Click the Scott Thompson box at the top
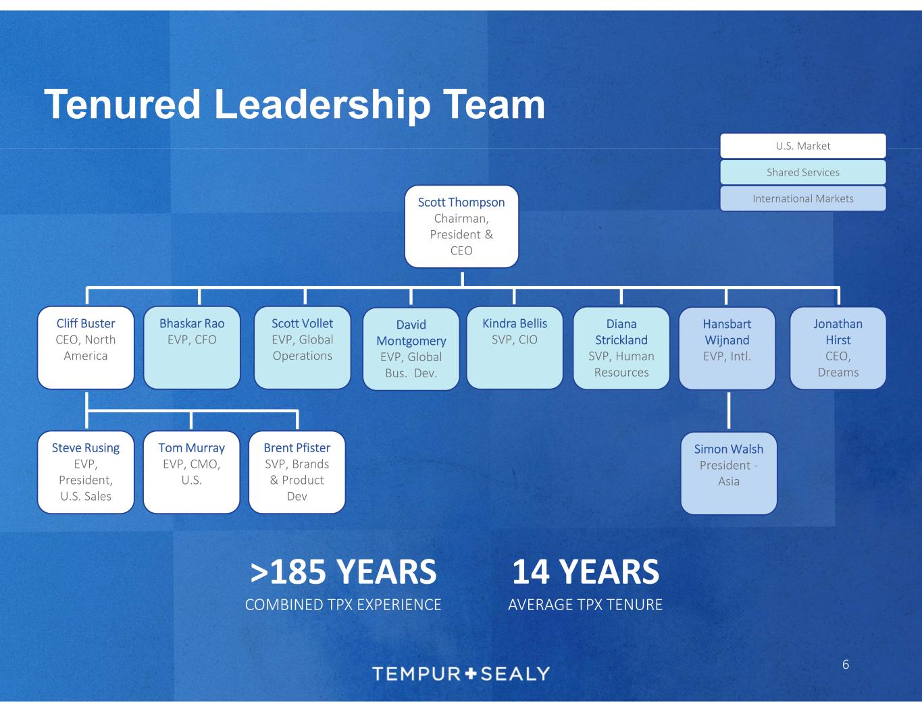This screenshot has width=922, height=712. click(461, 226)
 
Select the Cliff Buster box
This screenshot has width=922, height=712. click(86, 348)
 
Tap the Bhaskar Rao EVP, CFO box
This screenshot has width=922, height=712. click(192, 348)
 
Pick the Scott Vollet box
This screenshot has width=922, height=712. click(302, 348)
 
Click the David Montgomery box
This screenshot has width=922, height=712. click(411, 349)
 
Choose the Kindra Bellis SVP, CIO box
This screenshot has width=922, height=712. click(515, 348)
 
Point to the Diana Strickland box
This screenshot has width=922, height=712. click(621, 348)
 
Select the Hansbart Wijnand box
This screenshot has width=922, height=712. click(727, 348)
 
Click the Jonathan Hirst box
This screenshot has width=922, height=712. click(838, 348)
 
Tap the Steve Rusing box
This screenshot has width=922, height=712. click(86, 472)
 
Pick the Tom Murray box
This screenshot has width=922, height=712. click(192, 472)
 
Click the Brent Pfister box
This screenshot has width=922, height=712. click(297, 472)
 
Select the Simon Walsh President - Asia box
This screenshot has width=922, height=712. click(729, 472)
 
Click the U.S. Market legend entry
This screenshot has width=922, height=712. click(802, 146)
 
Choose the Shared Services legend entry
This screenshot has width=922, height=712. click(802, 172)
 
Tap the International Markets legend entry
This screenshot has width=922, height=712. click(802, 198)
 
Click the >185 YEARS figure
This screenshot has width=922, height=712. click(343, 572)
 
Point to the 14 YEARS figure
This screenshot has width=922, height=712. click(585, 572)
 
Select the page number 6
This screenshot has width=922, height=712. click(845, 665)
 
